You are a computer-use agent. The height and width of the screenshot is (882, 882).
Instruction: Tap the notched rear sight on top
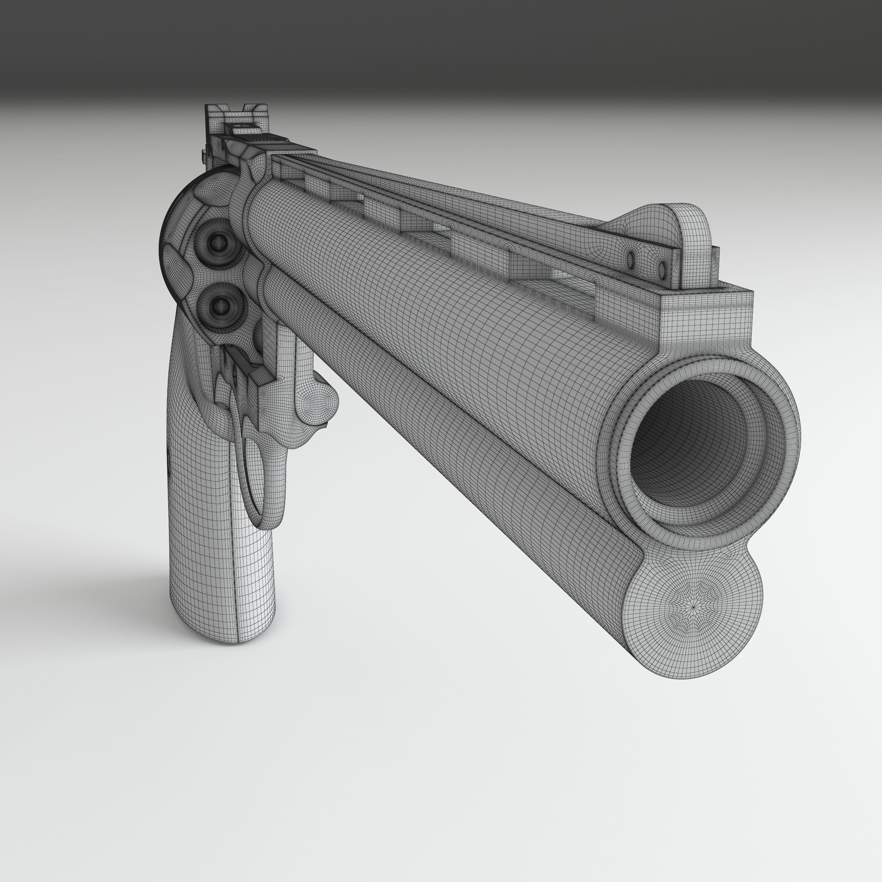click(x=233, y=114)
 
